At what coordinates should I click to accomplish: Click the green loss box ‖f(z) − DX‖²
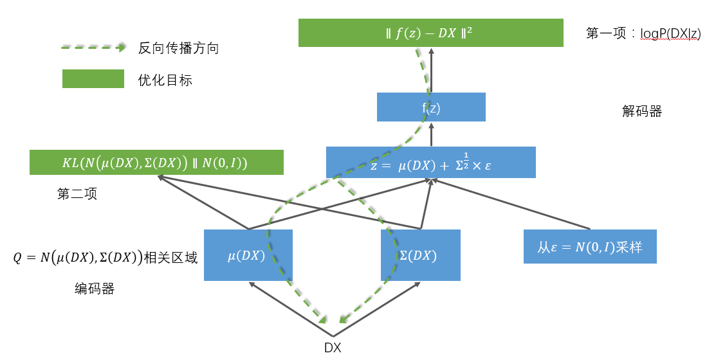(430, 33)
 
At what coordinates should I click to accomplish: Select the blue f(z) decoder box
(430, 107)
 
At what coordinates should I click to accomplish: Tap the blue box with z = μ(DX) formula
(430, 162)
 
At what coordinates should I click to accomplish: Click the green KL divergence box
(156, 163)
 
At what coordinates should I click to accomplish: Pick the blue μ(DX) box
(248, 255)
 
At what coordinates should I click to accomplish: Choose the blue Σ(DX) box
(420, 255)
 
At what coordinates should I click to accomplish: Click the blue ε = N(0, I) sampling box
(590, 246)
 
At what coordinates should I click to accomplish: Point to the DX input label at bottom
(333, 348)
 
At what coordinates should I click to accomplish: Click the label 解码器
(641, 111)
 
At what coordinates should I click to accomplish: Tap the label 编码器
(95, 289)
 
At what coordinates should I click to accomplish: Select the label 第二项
(77, 194)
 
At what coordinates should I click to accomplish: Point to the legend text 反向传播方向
(178, 48)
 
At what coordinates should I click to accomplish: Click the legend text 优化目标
(165, 80)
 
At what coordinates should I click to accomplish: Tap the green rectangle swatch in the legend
(93, 79)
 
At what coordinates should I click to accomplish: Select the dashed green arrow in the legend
(93, 48)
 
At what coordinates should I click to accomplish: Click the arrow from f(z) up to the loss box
(431, 71)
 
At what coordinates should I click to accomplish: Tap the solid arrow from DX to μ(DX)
(289, 310)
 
